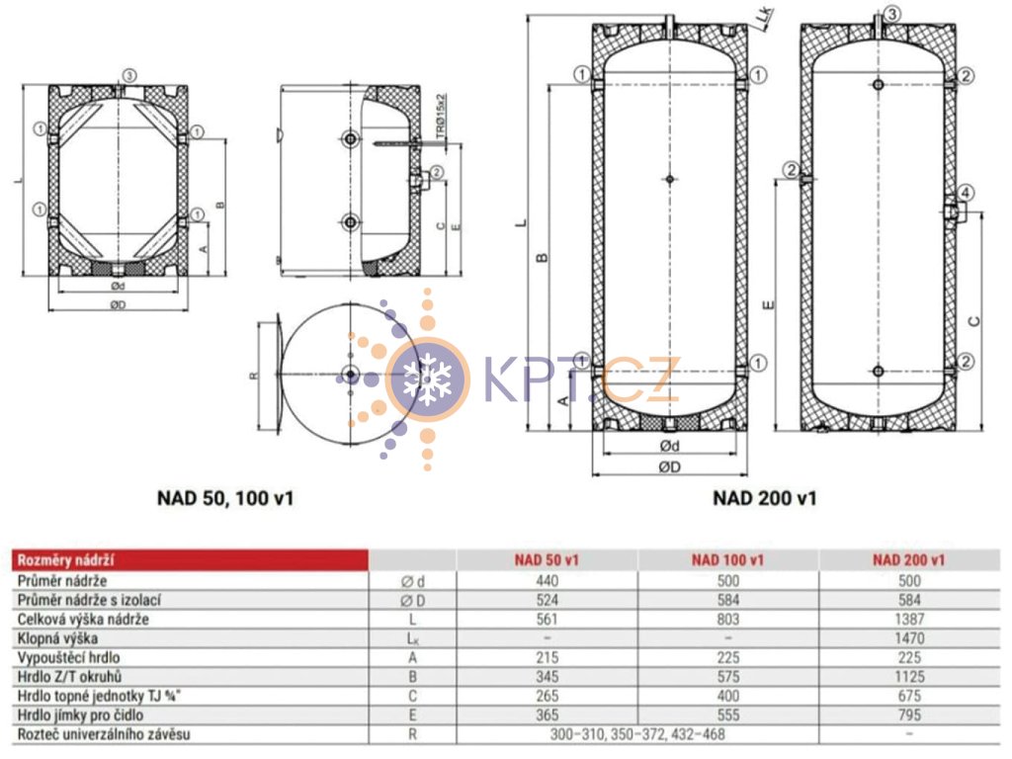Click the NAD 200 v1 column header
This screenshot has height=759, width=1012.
coord(909,559)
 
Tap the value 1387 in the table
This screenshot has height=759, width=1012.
coord(909,620)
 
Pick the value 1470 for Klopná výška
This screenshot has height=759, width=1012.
coord(909,639)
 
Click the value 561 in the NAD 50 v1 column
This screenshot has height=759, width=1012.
coord(547,620)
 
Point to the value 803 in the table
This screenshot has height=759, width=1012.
coord(728,620)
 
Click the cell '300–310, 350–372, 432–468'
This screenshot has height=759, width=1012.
coord(637,734)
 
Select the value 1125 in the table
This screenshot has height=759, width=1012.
coord(909,677)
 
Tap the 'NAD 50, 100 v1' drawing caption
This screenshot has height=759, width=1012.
coord(225,498)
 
